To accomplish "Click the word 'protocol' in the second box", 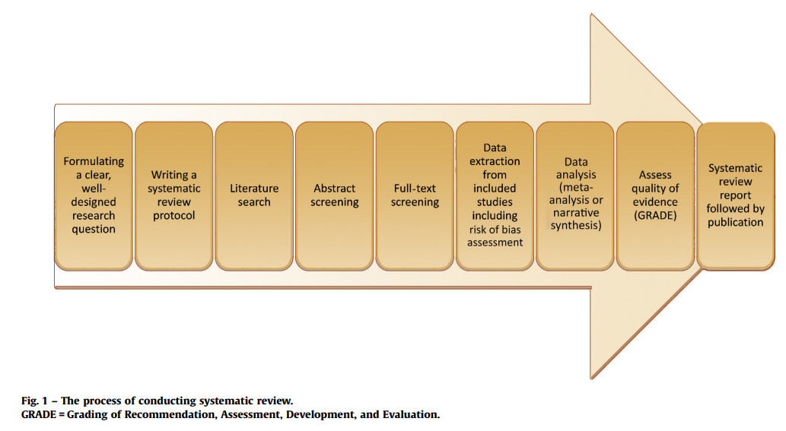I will coord(173,216).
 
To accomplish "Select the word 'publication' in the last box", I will coord(735,223).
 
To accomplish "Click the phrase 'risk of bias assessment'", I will coord(495,236).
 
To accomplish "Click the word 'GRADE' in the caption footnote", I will coord(38,415).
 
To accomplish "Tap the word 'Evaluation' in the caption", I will coord(412,415).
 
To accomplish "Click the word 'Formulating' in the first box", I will coord(94,161).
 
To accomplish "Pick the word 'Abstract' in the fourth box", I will coord(334,189).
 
